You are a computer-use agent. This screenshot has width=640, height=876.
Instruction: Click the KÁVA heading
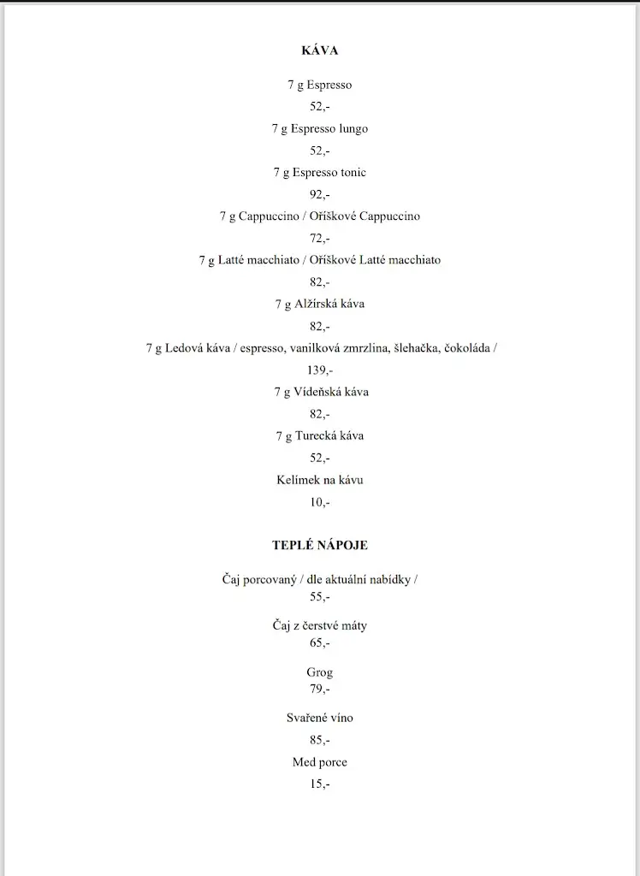[320, 50]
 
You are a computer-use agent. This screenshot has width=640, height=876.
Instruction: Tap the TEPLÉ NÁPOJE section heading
[320, 545]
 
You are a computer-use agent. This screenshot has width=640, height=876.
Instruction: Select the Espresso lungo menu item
[320, 129]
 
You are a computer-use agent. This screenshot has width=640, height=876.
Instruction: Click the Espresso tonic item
[320, 173]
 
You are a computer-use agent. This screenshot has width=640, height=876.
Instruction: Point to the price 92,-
[320, 194]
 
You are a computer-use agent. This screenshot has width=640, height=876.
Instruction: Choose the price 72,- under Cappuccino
[320, 239]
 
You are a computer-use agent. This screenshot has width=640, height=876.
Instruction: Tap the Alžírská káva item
[320, 305]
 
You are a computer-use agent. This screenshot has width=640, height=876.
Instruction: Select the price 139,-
[320, 370]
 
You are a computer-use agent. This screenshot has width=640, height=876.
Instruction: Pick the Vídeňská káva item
[321, 393]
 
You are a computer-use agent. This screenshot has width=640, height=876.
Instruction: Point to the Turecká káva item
[320, 436]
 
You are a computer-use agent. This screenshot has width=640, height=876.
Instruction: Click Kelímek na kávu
[320, 481]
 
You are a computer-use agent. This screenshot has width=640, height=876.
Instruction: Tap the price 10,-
[320, 502]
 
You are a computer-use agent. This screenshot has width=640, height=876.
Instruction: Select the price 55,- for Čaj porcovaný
[320, 597]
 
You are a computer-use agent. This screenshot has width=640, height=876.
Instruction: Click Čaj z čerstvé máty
[320, 626]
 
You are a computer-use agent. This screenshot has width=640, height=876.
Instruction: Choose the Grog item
[320, 673]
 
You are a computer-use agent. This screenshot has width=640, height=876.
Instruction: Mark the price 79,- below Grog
[320, 689]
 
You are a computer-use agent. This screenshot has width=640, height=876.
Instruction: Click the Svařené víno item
[320, 719]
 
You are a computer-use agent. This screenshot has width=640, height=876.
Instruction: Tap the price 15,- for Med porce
[320, 784]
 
